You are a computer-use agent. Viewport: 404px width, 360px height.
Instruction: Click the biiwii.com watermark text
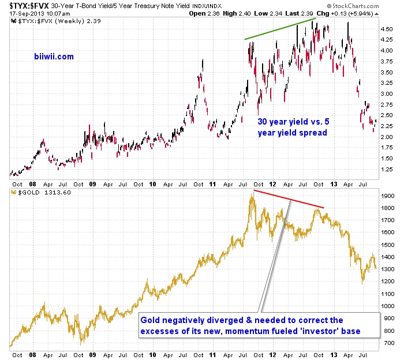tap(53, 57)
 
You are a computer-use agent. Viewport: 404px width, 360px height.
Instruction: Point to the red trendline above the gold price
tap(289, 198)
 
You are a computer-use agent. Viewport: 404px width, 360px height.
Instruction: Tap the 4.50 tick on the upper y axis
tap(386, 28)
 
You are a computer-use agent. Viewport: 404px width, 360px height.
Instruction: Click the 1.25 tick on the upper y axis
tap(386, 170)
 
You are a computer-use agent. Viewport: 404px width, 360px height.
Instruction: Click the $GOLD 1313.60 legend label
tap(36, 192)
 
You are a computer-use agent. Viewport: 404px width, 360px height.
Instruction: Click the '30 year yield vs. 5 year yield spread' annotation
tap(292, 127)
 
